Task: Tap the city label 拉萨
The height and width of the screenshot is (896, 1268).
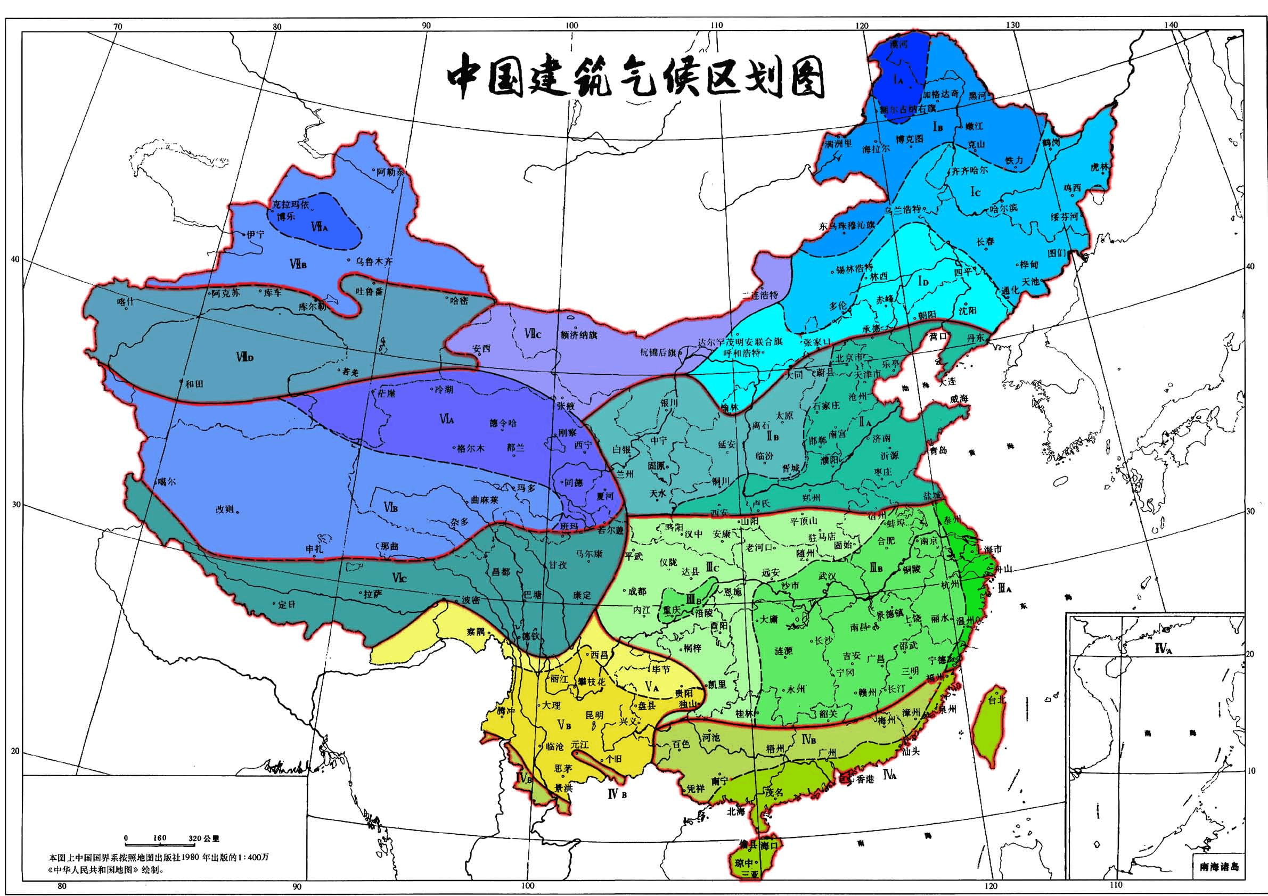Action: [x=373, y=595]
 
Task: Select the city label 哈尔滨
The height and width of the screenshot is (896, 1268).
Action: [x=1004, y=209]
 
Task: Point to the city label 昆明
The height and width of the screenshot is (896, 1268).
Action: [x=594, y=715]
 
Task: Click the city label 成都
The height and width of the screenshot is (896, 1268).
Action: [x=636, y=591]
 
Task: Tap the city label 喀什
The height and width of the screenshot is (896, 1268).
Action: [x=126, y=301]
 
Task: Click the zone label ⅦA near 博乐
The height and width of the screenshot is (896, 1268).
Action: [x=319, y=227]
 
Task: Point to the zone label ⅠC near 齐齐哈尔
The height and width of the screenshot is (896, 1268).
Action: [x=975, y=192]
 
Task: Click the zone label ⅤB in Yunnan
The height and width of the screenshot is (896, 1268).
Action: [x=564, y=725]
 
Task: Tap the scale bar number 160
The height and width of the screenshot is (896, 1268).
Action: [x=160, y=838]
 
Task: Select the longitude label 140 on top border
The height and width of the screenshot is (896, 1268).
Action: [x=1169, y=25]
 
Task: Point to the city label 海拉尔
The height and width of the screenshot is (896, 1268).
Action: [x=877, y=149]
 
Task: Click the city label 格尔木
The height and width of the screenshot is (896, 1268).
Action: [x=471, y=448]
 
